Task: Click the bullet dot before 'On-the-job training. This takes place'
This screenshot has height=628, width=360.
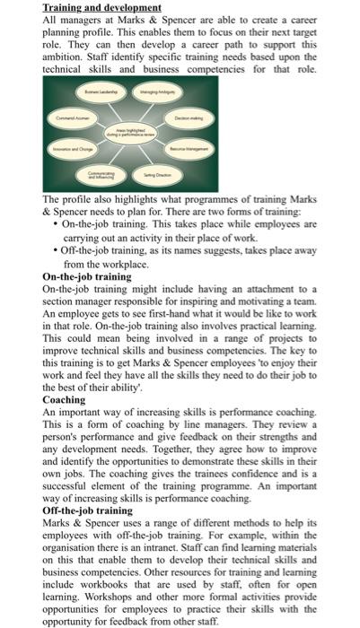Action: coord(56,222)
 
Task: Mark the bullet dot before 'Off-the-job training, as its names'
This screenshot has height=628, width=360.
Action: coord(56,254)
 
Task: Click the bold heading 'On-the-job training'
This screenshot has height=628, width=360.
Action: coord(87,278)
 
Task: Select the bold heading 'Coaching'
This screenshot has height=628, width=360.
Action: coord(65,399)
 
